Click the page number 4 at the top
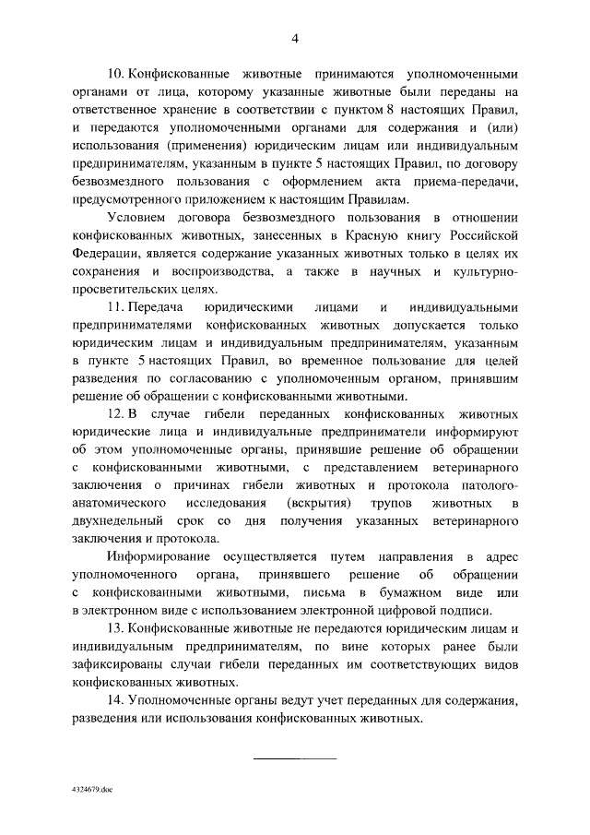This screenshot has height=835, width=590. (x=295, y=38)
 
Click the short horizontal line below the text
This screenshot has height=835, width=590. (x=295, y=757)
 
